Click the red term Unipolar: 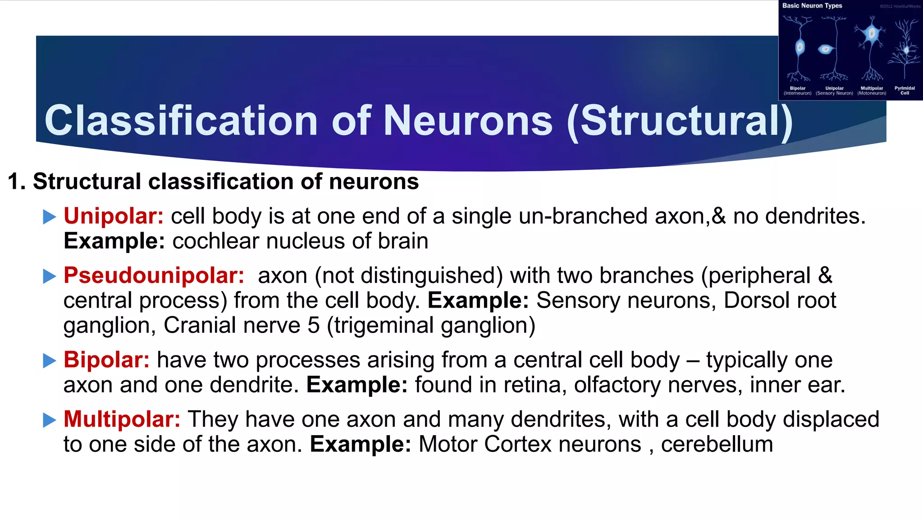(113, 216)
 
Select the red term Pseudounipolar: (154, 275)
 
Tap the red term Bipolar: (106, 360)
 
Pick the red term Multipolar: (122, 419)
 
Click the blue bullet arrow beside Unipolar (49, 217)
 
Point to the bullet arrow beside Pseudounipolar (49, 276)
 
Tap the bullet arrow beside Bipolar (49, 360)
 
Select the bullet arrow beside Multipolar (49, 420)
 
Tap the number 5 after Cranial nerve (314, 325)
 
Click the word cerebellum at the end (717, 445)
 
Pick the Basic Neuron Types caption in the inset (812, 6)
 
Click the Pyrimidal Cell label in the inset (905, 91)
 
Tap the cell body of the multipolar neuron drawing (872, 34)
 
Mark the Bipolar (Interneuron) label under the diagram (797, 91)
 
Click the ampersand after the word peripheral (825, 275)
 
